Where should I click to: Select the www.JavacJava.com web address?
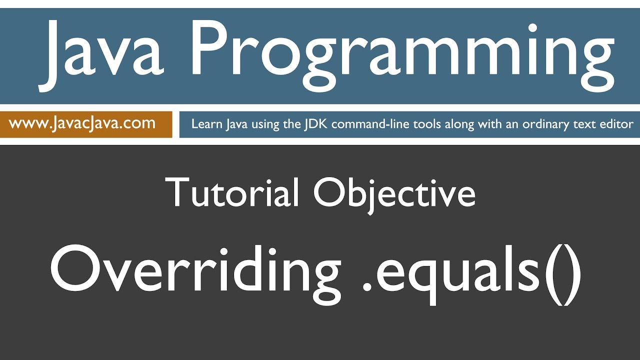82,123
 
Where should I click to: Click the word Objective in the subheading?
394,192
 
